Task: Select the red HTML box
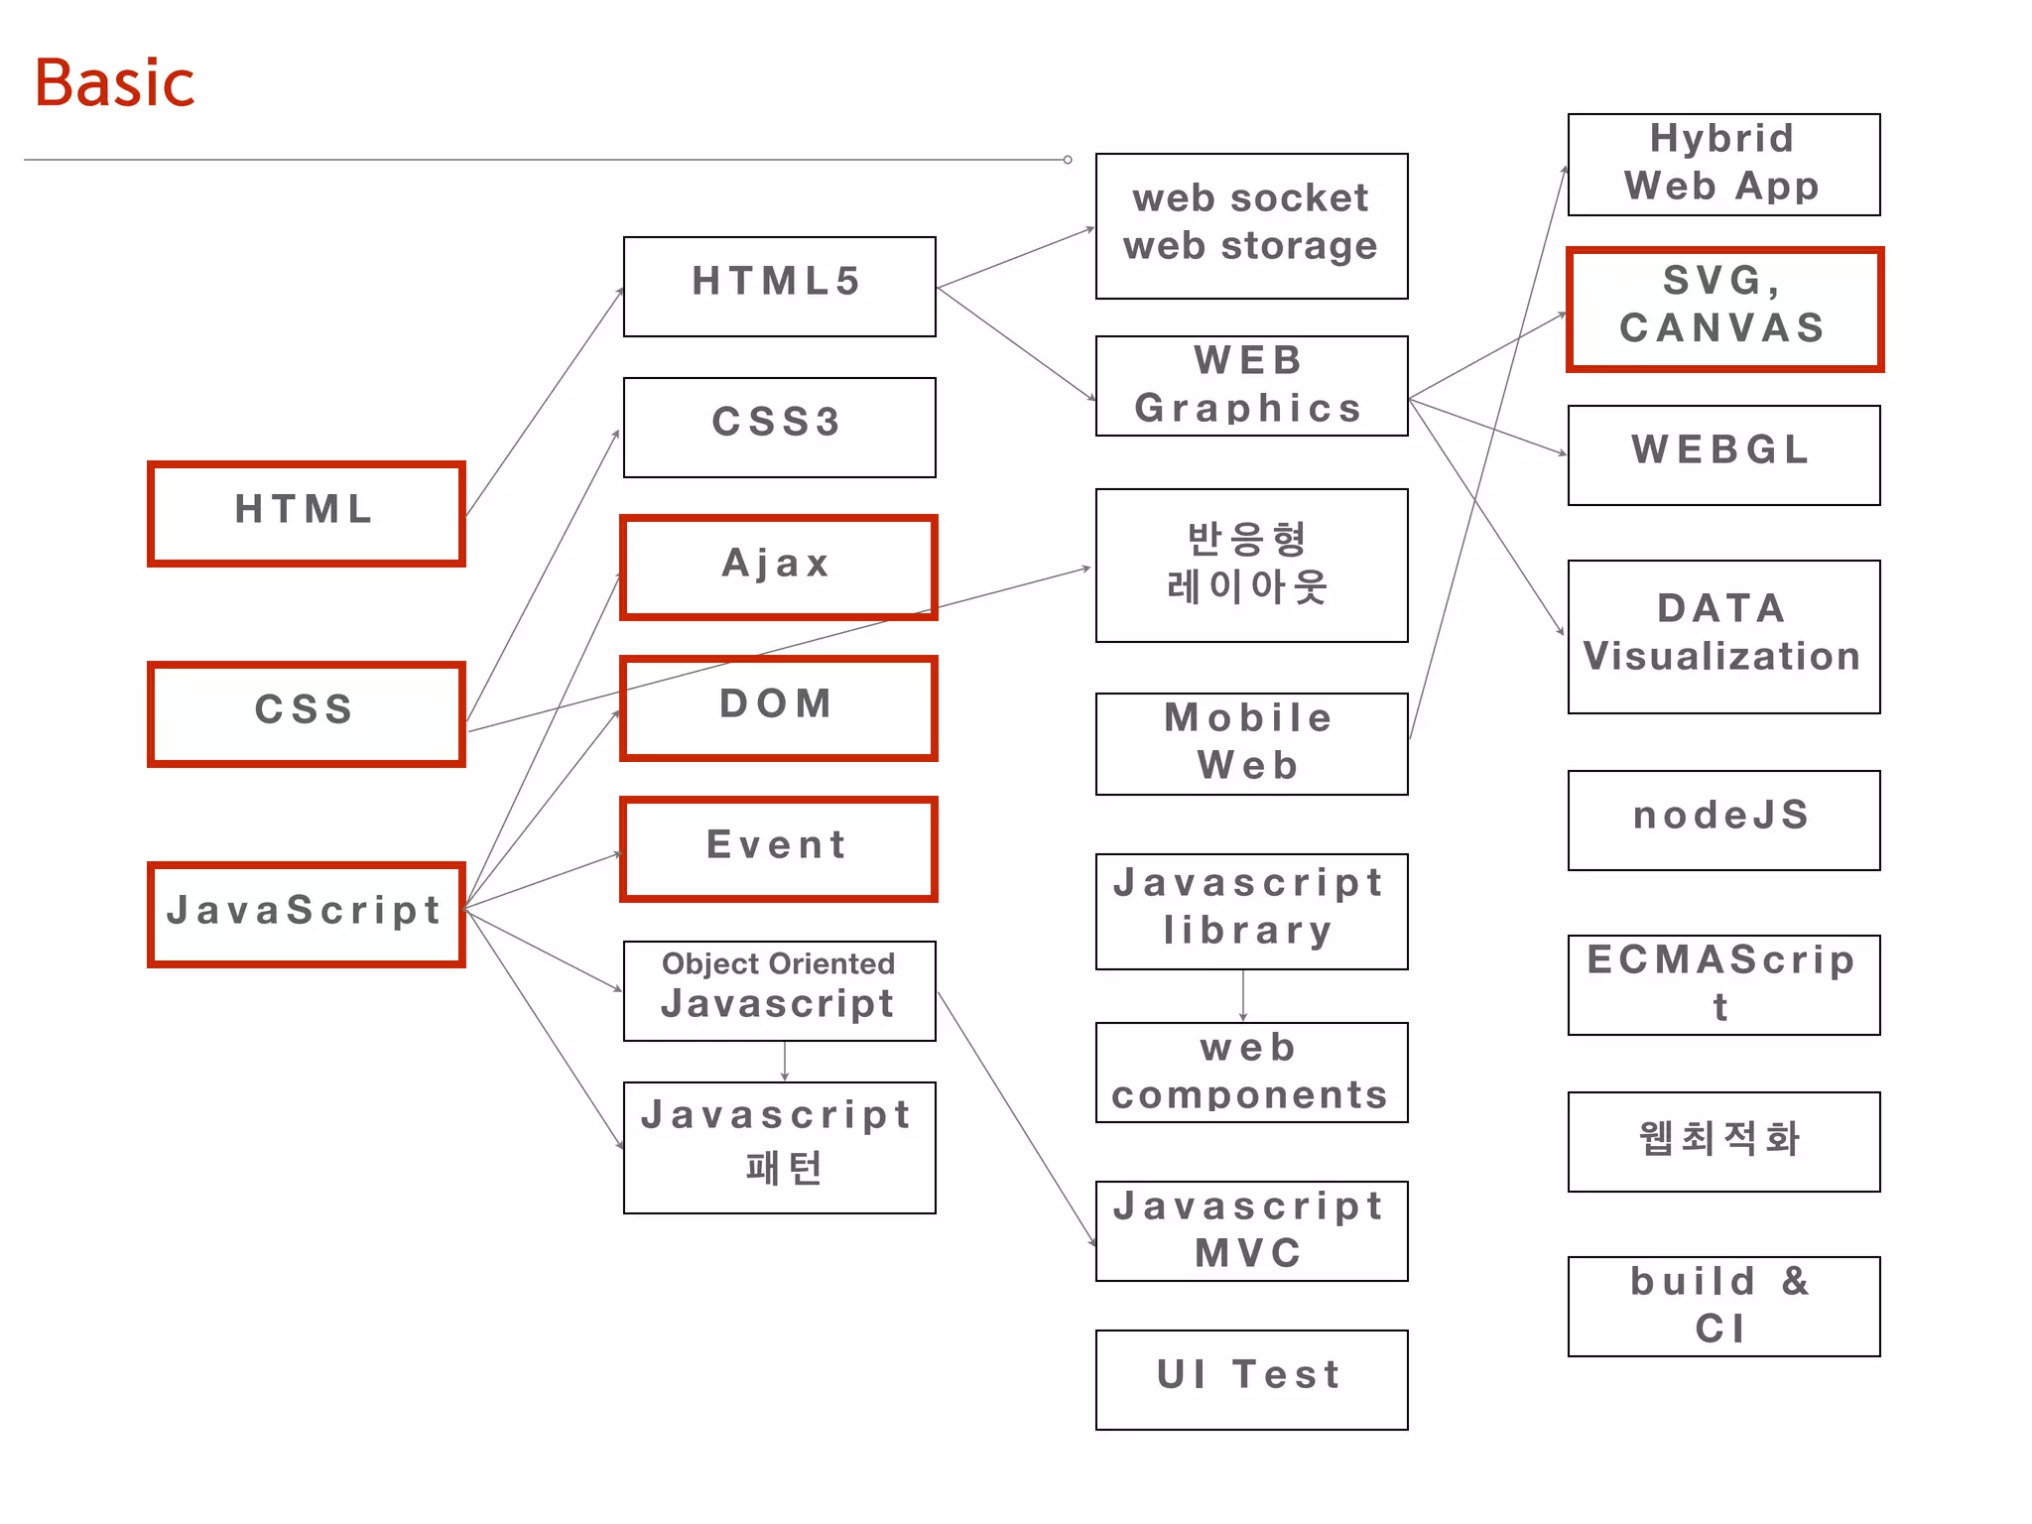(306, 513)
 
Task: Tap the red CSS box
(306, 713)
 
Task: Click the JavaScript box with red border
(306, 914)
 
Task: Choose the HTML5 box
(779, 286)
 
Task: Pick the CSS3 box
(779, 427)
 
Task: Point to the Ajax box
(779, 567)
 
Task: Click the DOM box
(779, 707)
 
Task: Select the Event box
(779, 848)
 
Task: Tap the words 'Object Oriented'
(779, 963)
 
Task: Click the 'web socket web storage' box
(1251, 225)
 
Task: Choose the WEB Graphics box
(1251, 385)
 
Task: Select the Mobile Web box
(1251, 743)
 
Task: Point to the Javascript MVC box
(1251, 1230)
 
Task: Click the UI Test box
(1251, 1379)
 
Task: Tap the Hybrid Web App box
(1723, 164)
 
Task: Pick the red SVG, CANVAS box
(1723, 309)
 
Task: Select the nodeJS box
(1723, 820)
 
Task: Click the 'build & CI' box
(1723, 1306)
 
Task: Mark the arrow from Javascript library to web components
(1243, 995)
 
